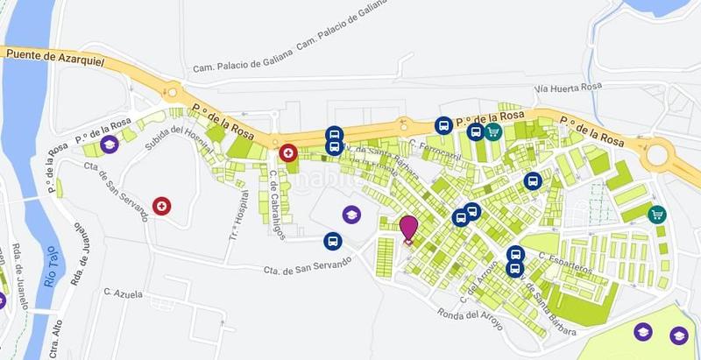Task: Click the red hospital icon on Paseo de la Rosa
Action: point(288,154)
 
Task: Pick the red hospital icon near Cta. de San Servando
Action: point(161,206)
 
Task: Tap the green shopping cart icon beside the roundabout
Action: point(656,214)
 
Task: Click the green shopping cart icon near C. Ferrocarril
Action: point(493,132)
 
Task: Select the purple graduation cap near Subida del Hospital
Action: point(110,144)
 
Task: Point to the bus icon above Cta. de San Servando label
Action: point(332,241)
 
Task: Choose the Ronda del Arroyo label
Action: point(470,316)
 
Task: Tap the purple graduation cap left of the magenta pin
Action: point(350,214)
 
